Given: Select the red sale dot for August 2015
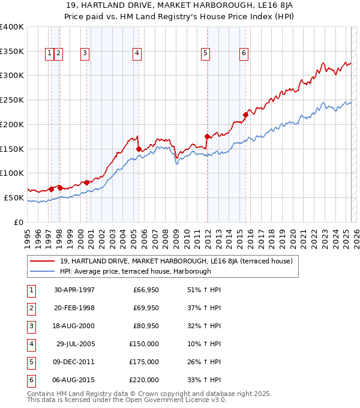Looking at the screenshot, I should (x=245, y=115).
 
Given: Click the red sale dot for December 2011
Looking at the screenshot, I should (x=207, y=136).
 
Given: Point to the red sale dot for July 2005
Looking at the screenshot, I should (x=139, y=149).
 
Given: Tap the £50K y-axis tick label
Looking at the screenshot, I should (x=14, y=197).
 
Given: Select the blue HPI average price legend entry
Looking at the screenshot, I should (x=135, y=271).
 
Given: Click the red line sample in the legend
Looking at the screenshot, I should (x=43, y=261).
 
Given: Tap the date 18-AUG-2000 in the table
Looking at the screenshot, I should (x=74, y=327).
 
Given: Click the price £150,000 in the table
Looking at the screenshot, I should (x=145, y=344).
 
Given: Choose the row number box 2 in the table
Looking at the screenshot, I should (x=31, y=309).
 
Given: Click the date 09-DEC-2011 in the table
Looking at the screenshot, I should (x=74, y=362).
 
